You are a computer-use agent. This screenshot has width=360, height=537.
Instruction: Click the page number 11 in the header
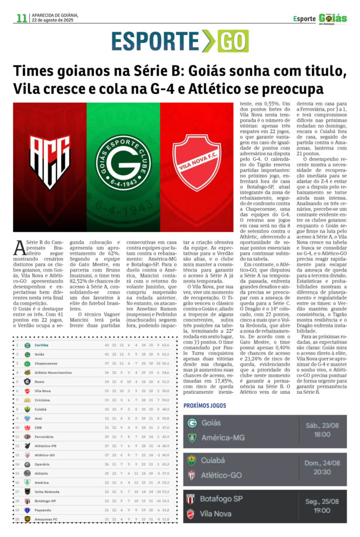coord(21,18)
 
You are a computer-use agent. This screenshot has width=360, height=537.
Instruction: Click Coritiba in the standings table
coord(42,345)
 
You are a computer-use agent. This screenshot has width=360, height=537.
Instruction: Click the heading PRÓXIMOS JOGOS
coord(205,405)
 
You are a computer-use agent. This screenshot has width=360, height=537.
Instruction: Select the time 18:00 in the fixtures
coord(322,434)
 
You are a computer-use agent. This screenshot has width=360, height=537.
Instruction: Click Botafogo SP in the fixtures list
coord(221,498)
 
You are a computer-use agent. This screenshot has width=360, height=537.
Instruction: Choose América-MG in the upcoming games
coord(223,437)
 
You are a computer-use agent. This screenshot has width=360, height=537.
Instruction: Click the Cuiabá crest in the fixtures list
coord(192,460)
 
